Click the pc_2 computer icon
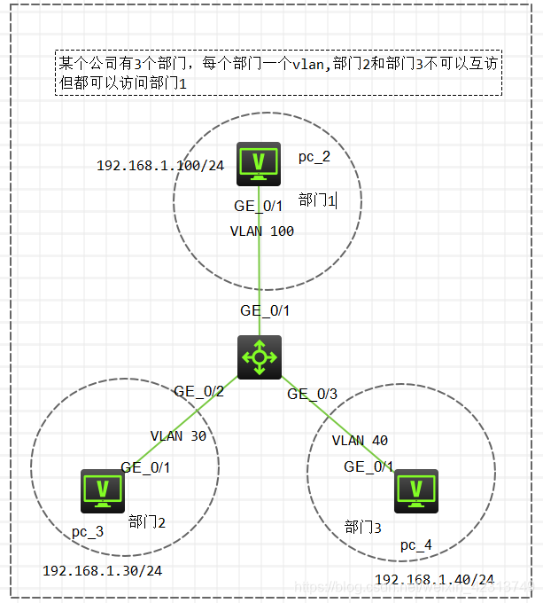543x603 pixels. point(259,163)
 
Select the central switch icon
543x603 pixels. point(259,357)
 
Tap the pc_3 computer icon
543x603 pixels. point(102,489)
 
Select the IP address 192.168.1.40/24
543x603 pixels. point(434,579)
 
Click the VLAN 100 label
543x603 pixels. point(261,231)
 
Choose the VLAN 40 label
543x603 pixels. point(360,441)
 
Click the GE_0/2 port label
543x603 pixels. point(198,391)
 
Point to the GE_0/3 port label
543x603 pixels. point(312,395)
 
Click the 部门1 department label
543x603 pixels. point(317,200)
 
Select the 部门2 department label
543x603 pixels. point(146,521)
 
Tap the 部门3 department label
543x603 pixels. point(363,528)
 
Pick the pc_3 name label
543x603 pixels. point(88,531)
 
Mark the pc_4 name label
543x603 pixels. point(416,544)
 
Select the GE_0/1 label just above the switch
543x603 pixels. point(265,311)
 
